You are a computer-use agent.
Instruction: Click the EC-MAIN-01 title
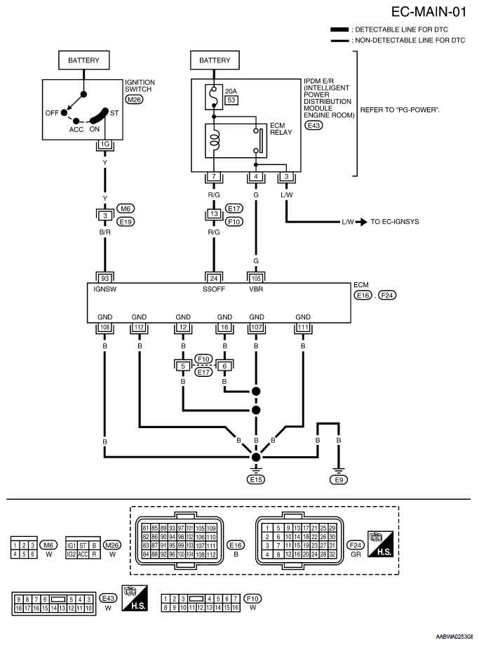(429, 11)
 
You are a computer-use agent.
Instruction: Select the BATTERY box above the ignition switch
(84, 60)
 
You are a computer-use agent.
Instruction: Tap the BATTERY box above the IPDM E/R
(215, 60)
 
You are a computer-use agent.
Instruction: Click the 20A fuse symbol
(214, 97)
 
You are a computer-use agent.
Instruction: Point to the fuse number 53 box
(231, 100)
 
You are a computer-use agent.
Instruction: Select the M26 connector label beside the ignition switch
(134, 99)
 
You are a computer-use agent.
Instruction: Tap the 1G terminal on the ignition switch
(104, 144)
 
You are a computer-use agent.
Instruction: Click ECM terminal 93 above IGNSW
(104, 278)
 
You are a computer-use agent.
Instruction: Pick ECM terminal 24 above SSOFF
(214, 278)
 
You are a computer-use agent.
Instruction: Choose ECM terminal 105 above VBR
(256, 278)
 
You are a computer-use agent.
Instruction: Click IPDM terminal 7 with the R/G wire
(214, 176)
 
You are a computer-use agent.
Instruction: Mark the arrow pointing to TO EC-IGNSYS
(361, 222)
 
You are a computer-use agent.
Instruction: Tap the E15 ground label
(256, 479)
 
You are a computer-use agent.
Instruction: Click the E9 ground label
(338, 479)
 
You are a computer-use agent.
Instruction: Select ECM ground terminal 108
(104, 328)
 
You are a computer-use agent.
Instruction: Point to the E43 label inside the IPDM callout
(313, 125)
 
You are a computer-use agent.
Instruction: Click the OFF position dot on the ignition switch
(64, 112)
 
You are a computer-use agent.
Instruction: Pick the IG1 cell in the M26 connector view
(71, 545)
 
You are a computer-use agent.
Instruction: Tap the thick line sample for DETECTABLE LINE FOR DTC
(339, 29)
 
